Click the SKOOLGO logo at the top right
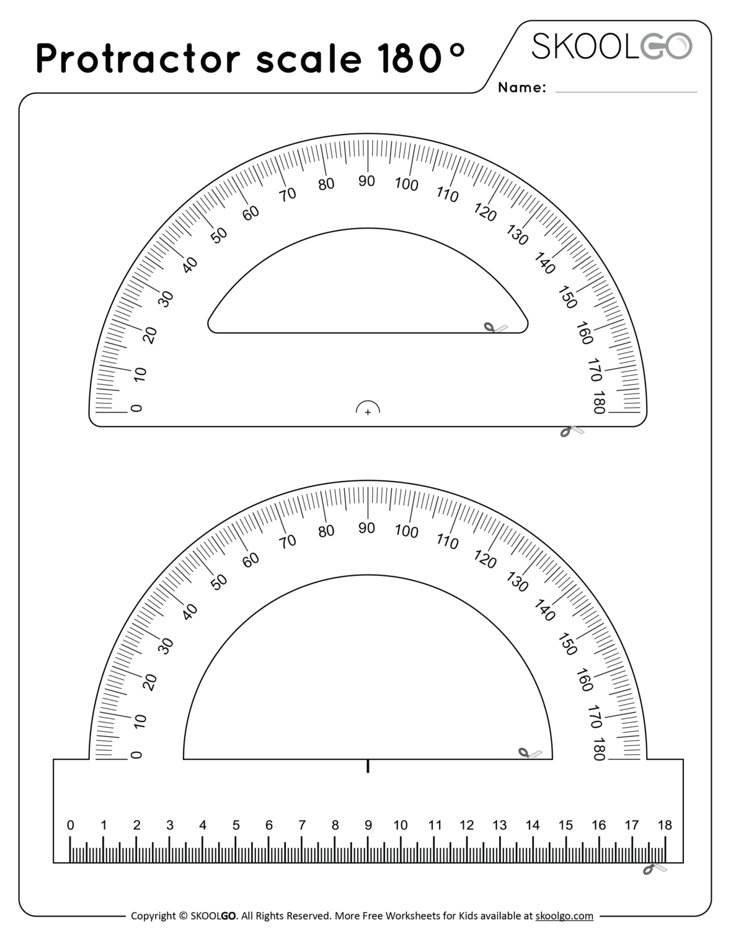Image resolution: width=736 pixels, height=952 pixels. tap(611, 46)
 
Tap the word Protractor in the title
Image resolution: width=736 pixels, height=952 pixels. tap(138, 58)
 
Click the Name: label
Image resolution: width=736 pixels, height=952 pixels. tap(522, 87)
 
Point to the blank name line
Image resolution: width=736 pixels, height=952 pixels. tap(626, 92)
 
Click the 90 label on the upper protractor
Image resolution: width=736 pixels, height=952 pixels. tap(366, 180)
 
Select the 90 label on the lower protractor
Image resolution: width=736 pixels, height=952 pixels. tap(366, 527)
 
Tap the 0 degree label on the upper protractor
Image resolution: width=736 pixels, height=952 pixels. tap(136, 408)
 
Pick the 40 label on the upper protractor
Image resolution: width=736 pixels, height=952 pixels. tap(190, 265)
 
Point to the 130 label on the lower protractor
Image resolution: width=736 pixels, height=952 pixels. tap(517, 581)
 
